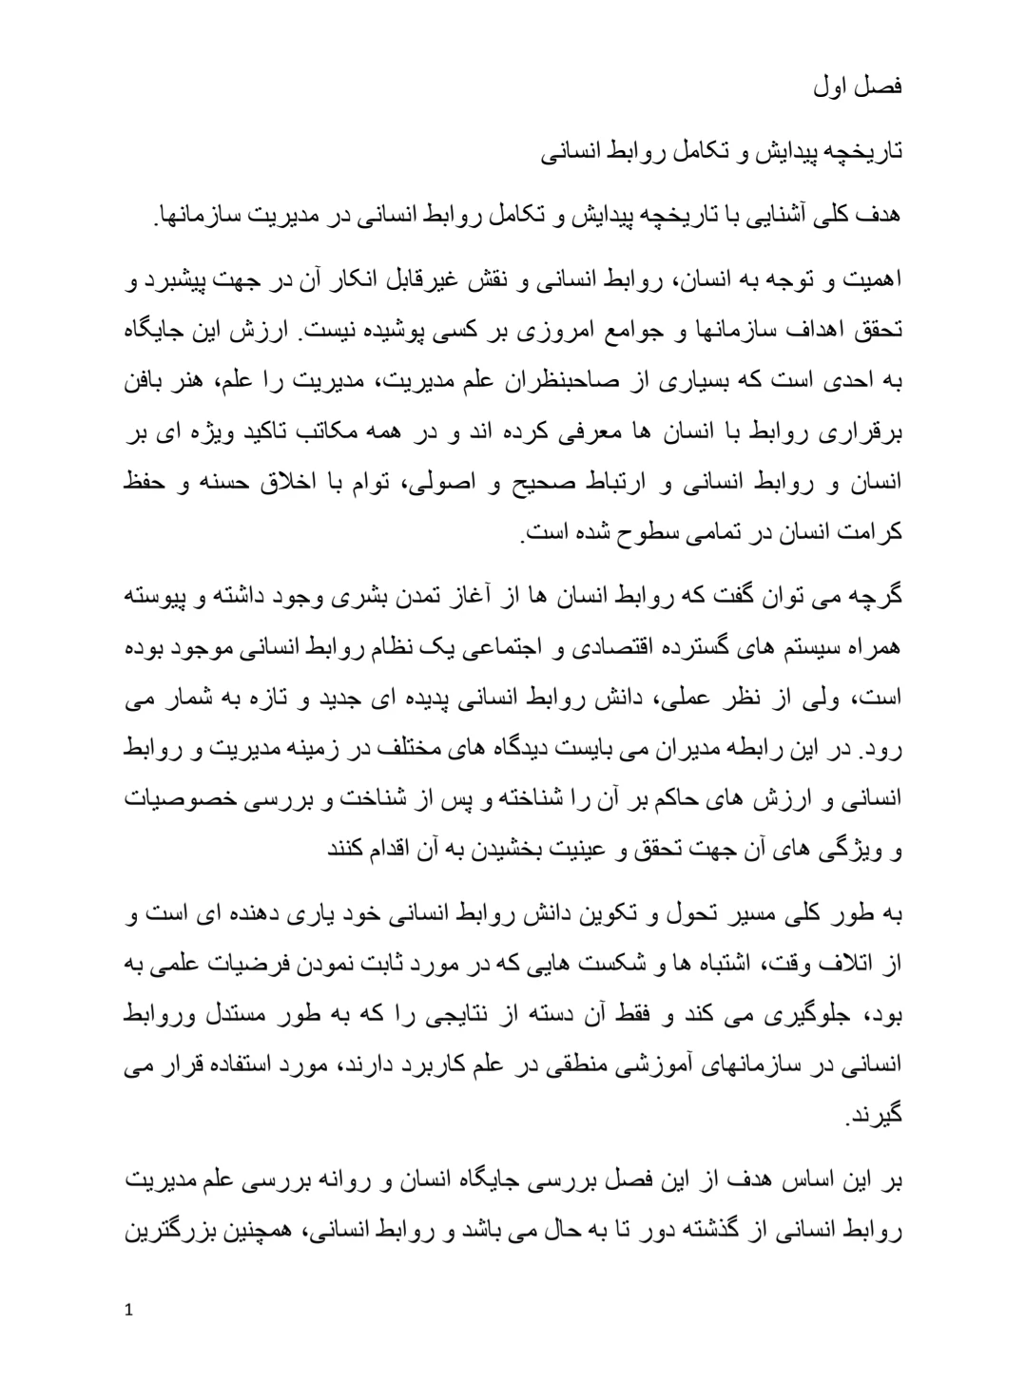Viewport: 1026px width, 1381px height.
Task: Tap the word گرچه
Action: (x=875, y=601)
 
